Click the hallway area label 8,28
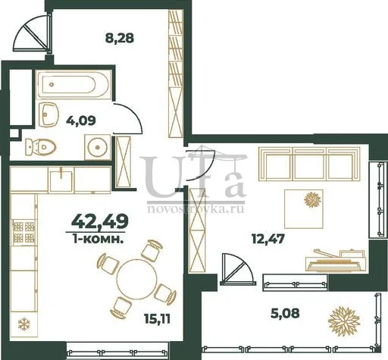pos(119,39)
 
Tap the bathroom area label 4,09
pos(81,121)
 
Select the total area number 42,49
pos(100,221)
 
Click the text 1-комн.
pos(98,239)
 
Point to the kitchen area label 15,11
pos(158,319)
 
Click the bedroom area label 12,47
pos(268,239)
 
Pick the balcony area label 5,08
pos(285,313)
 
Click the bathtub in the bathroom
pos(74,84)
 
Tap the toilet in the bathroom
pos(40,146)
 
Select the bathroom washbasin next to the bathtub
pos(48,114)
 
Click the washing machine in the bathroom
pos(98,147)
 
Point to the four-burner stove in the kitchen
pos(23,232)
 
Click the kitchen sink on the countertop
pos(61,180)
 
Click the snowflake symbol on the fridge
pos(24,324)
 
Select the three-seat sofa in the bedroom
pos(309,164)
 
